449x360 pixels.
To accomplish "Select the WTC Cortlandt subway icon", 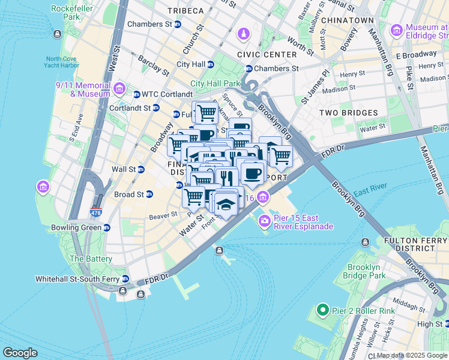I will [x=137, y=94].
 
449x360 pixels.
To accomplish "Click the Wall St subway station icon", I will [x=141, y=170].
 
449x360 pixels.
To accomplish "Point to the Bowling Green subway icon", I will [x=106, y=228].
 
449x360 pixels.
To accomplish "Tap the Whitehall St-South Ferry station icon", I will [x=125, y=279].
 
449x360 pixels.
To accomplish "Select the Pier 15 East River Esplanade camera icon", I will [x=264, y=222].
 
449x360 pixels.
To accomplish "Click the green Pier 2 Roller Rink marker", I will [x=322, y=310].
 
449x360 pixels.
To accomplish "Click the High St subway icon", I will [x=447, y=324].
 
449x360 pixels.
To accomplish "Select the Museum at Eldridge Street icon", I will [x=396, y=31].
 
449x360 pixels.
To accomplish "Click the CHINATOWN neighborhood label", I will [x=348, y=20].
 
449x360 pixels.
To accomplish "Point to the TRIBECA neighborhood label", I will [x=186, y=11].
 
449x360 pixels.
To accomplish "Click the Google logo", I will [x=20, y=353].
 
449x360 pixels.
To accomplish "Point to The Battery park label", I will [x=91, y=259].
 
